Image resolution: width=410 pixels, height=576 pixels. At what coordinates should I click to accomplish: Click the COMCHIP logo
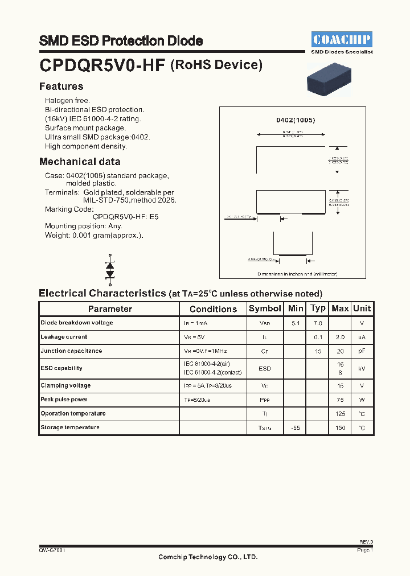coord(342,39)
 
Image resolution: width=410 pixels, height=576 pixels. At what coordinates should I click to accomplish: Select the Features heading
coord(61,87)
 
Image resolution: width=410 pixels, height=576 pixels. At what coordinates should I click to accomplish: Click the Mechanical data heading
coord(80,162)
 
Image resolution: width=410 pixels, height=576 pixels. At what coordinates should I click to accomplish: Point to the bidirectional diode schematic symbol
coord(110,269)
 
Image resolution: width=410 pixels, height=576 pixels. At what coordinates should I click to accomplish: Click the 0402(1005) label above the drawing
coord(296,120)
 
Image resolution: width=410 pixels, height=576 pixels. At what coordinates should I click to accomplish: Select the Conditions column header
coord(213,309)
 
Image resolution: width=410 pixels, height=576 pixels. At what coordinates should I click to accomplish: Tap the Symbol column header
coord(265,308)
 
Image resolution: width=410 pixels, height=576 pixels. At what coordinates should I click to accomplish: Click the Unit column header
coord(362,308)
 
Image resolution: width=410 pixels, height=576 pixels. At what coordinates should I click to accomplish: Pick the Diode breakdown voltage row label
coord(77,323)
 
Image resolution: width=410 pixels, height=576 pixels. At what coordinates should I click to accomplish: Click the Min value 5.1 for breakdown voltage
coord(296,323)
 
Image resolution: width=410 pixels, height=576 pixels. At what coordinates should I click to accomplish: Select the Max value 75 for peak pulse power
coord(340,400)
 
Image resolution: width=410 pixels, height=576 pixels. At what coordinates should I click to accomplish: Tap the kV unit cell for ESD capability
coord(362,368)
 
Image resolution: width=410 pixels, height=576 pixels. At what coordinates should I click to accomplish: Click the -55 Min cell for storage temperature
coord(296,427)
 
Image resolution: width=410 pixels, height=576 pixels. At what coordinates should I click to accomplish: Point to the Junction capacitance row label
coord(71,351)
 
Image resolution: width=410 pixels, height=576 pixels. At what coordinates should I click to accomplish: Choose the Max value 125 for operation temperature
coord(340,414)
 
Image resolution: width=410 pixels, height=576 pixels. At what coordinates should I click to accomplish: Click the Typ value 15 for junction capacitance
coord(318,351)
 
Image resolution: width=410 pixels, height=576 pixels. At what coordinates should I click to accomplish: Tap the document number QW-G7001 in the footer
coord(52,550)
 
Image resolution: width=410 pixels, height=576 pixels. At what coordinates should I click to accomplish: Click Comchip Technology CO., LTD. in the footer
coord(208,557)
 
